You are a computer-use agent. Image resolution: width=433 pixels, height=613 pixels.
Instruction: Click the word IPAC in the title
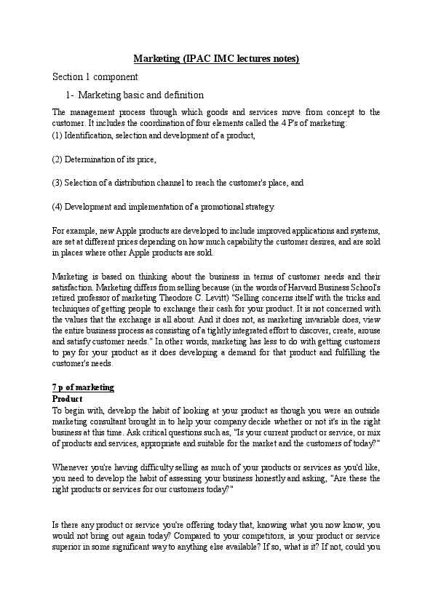201,59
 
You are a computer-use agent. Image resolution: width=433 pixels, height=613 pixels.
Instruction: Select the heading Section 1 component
95,76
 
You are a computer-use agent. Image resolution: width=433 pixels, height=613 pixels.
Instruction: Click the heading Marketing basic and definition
140,95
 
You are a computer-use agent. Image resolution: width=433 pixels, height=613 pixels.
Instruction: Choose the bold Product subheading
67,399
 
